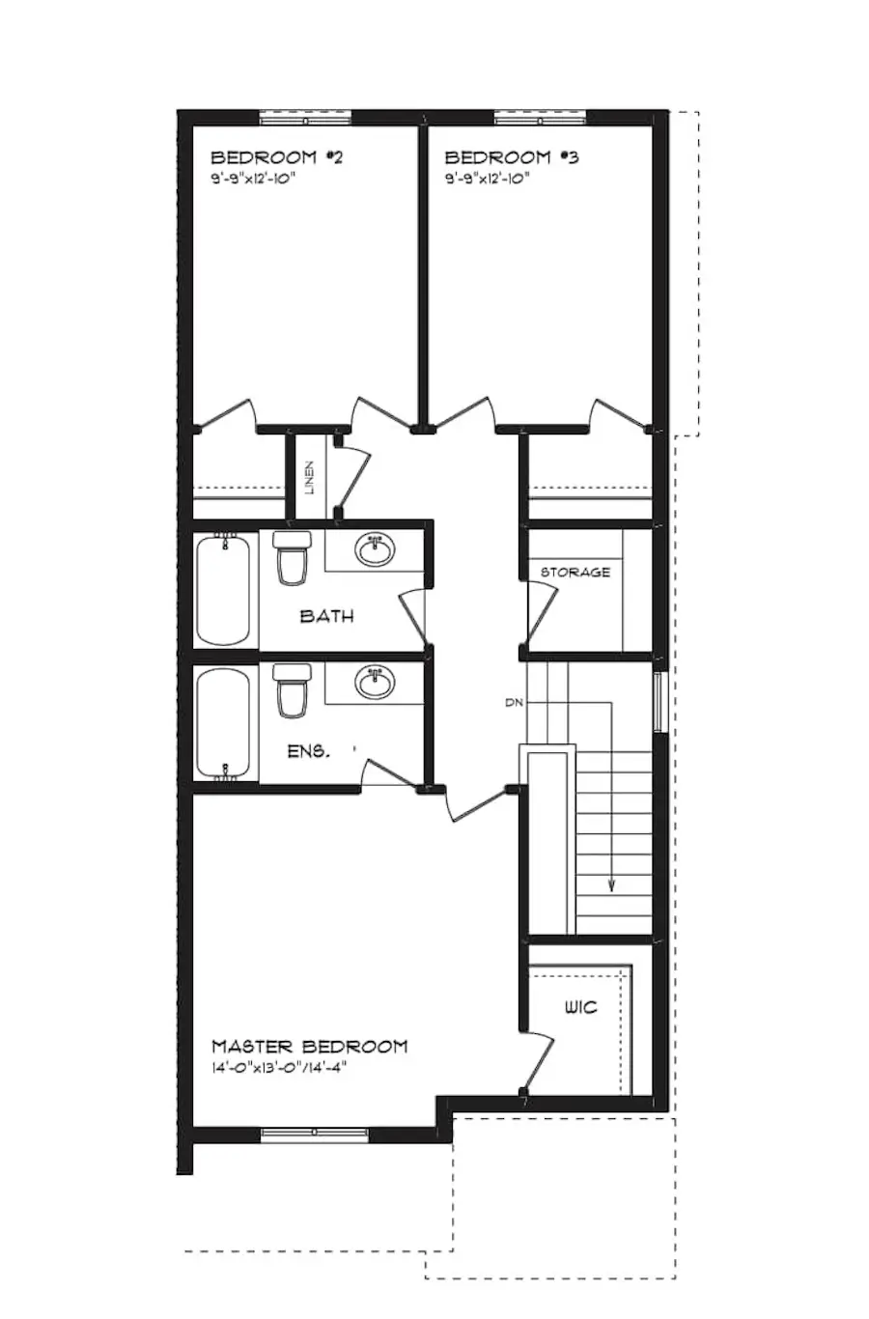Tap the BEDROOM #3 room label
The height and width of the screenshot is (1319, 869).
511,157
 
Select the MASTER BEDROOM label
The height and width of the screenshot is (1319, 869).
309,1047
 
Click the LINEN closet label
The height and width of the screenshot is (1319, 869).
309,478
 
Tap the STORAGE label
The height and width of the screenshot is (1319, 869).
575,573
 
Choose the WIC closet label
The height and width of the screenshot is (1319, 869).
580,1007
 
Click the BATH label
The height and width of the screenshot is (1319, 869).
326,616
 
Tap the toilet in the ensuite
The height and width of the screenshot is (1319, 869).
292,691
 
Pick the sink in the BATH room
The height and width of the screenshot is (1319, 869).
374,550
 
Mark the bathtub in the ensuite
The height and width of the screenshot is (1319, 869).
225,724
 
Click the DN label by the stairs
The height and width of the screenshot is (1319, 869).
514,703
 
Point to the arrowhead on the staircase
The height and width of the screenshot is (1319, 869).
612,884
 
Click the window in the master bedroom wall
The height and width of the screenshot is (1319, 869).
314,1134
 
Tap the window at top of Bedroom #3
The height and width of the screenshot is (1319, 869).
540,119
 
